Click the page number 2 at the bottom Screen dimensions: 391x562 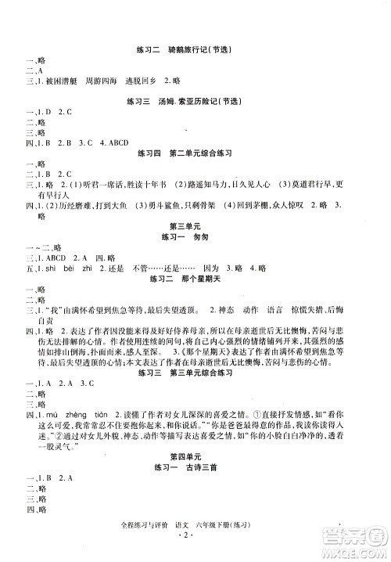pos(196,545)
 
